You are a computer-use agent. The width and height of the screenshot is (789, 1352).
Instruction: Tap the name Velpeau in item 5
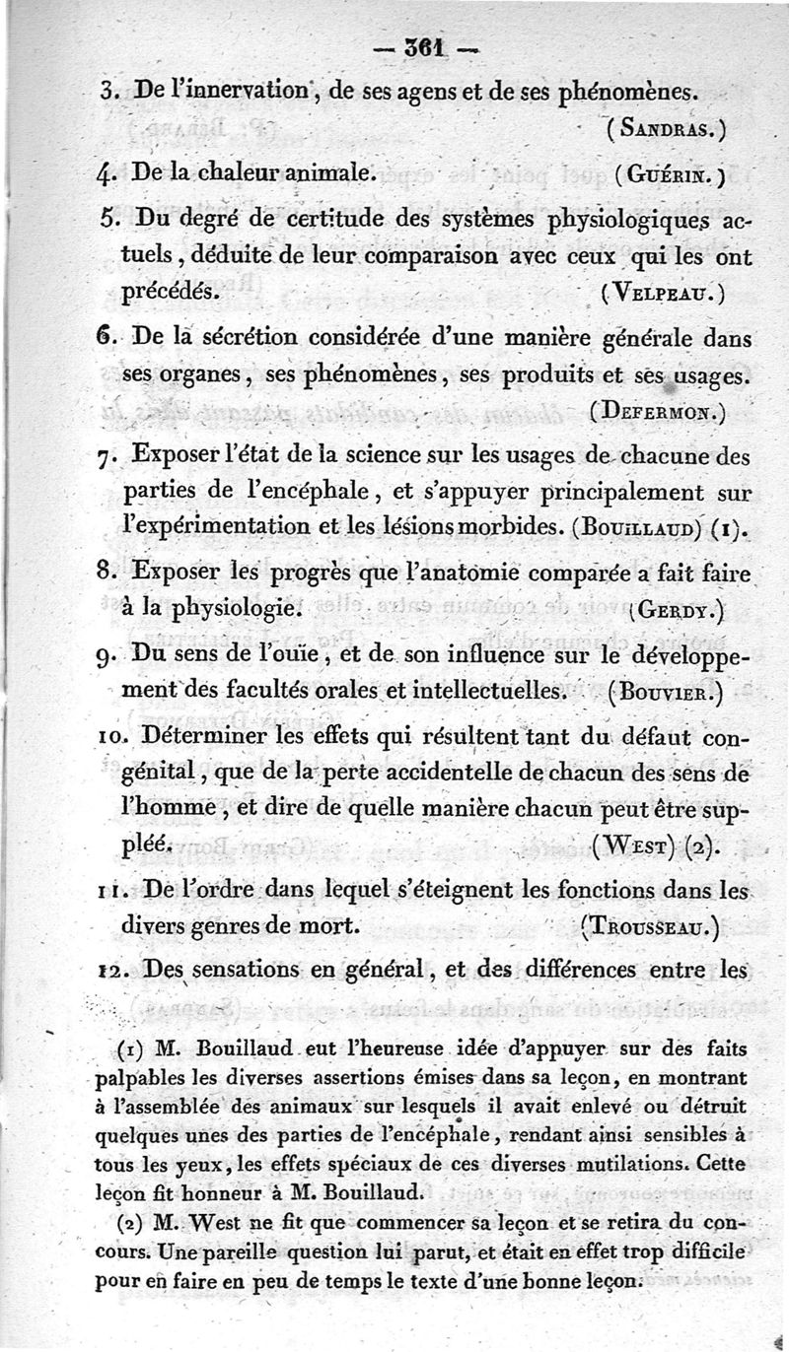[x=662, y=291]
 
